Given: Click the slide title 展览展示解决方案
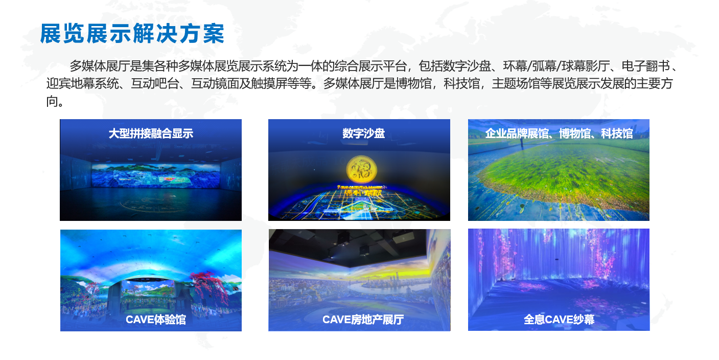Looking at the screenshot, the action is coord(132,33).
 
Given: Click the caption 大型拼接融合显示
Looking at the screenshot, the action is coord(151,133).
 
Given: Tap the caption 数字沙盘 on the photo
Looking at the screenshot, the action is coord(363,133).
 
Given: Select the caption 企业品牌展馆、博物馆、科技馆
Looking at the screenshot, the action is coord(559,133).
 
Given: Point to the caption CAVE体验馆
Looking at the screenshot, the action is coord(156,320).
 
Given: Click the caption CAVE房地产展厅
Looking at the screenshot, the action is coord(363,320).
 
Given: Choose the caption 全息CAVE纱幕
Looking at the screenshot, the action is coord(559,320).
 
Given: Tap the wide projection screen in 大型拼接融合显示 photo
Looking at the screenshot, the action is coord(156,175).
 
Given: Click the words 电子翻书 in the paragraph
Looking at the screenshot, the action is coord(645,66).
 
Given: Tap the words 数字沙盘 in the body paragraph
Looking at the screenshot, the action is coord(467,66).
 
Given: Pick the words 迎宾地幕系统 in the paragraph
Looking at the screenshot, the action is coord(82,84).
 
